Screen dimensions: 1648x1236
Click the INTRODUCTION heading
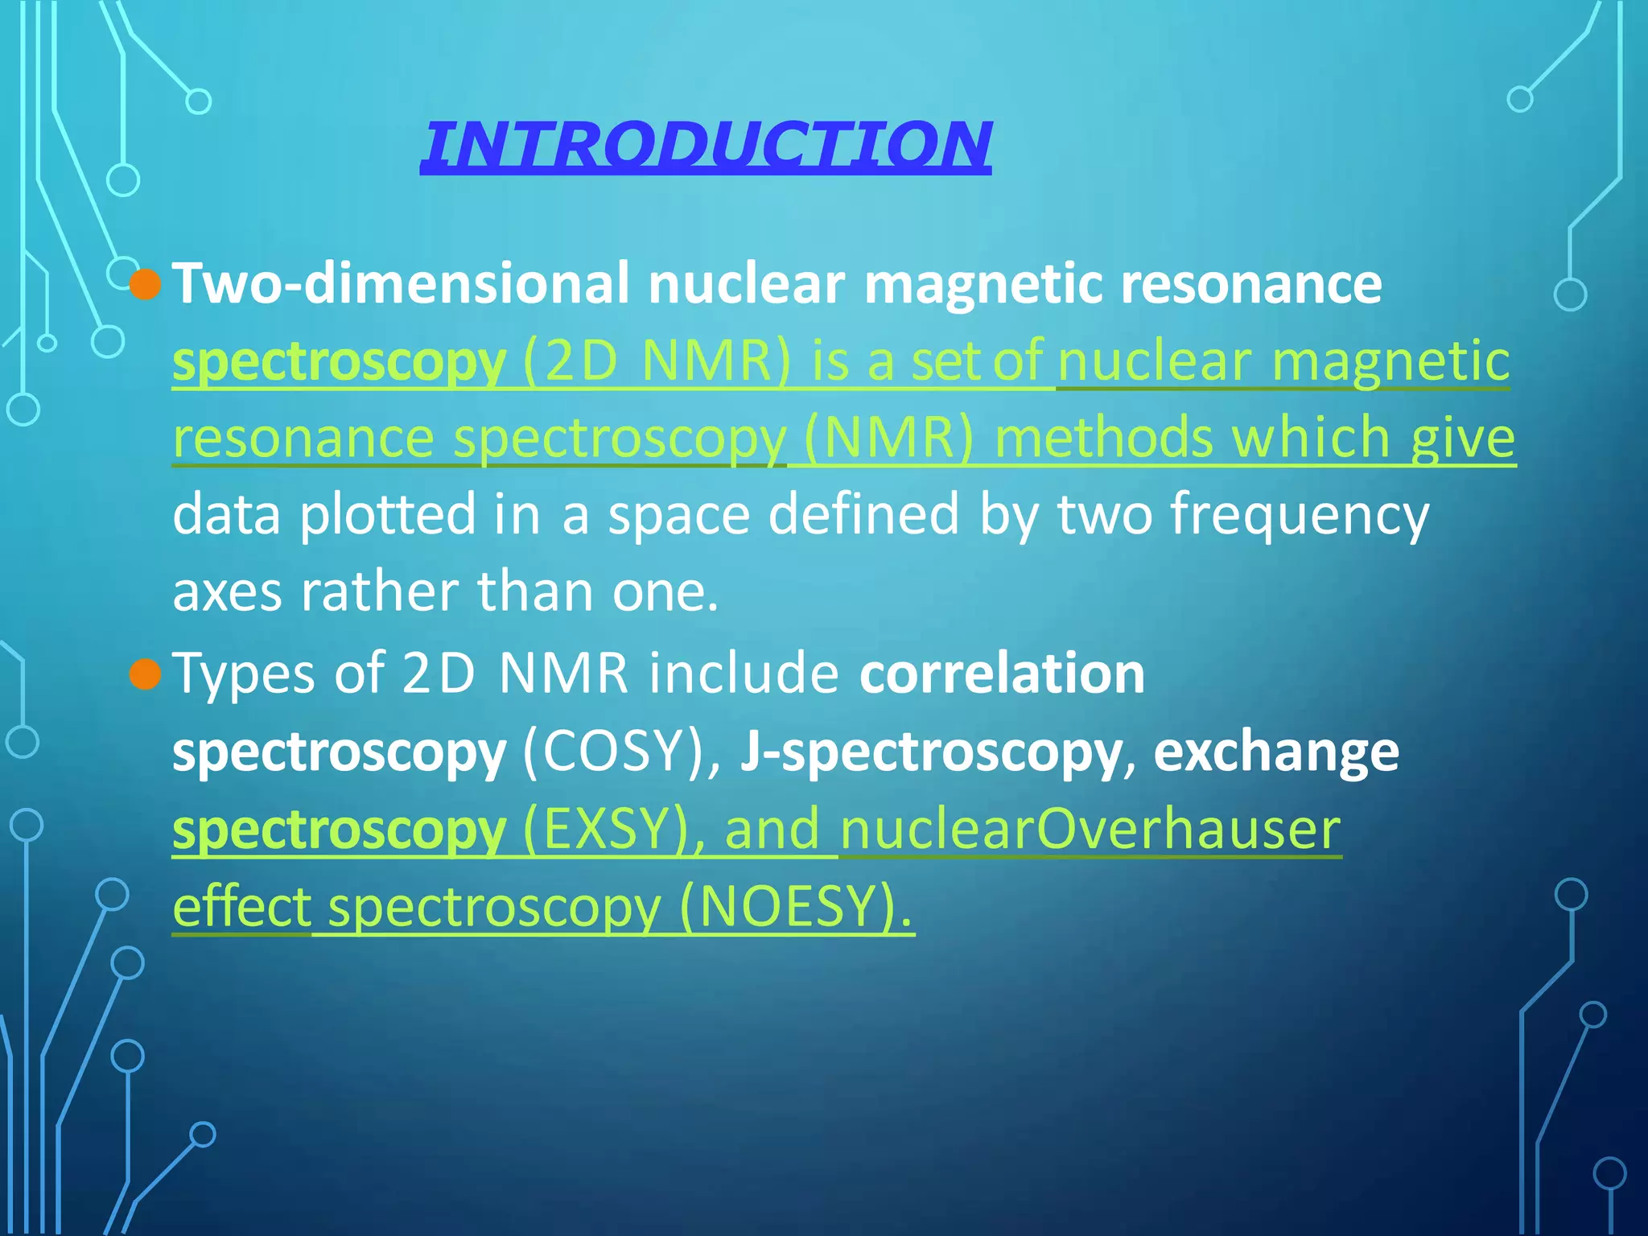point(706,145)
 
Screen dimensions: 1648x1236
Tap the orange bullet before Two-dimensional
point(146,284)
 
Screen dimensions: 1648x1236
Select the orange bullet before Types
point(146,674)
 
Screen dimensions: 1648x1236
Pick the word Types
point(244,674)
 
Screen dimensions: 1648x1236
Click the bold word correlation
point(1002,673)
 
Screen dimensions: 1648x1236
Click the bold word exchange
point(1277,752)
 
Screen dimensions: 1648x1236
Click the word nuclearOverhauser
point(1090,829)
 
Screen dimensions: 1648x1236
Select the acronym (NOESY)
point(797,907)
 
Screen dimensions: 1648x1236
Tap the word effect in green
point(241,906)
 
